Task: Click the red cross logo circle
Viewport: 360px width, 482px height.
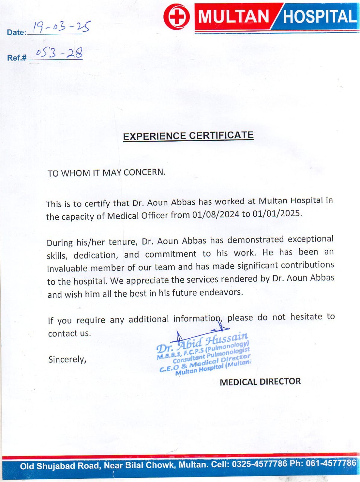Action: pyautogui.click(x=177, y=17)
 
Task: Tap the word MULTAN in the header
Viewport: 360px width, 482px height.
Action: pyautogui.click(x=234, y=17)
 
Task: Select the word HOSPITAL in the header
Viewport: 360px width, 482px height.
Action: pyautogui.click(x=319, y=17)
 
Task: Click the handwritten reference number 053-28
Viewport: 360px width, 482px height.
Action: pyautogui.click(x=59, y=53)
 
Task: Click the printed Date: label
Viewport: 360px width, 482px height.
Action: pyautogui.click(x=17, y=33)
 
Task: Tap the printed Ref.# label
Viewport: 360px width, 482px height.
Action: pyautogui.click(x=17, y=58)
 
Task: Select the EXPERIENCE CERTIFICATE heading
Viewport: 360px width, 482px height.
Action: pyautogui.click(x=188, y=136)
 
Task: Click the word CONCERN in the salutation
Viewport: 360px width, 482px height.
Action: pyautogui.click(x=144, y=172)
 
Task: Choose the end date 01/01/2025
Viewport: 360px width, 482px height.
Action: pyautogui.click(x=276, y=214)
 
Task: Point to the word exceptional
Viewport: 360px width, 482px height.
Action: pyautogui.click(x=311, y=239)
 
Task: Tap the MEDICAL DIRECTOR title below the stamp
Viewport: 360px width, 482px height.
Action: pyautogui.click(x=260, y=382)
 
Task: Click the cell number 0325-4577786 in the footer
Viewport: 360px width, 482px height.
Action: pyautogui.click(x=259, y=464)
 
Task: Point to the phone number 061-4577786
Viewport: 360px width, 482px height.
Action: pyautogui.click(x=331, y=463)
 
